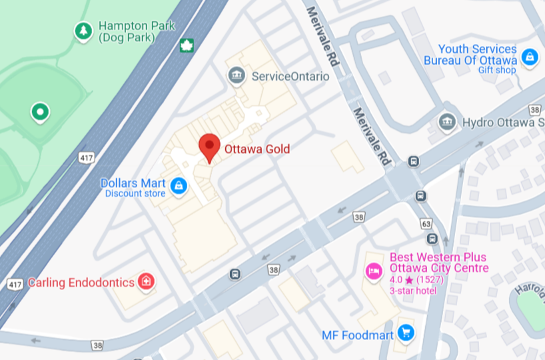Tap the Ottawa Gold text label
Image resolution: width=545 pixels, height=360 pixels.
(257, 149)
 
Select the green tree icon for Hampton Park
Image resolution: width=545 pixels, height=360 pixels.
(83, 31)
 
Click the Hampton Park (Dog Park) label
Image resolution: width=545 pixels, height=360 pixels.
(137, 31)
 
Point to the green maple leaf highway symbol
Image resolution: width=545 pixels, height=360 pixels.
(187, 45)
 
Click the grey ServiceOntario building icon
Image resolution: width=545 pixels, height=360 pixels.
(237, 76)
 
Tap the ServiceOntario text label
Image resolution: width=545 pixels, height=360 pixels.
(290, 76)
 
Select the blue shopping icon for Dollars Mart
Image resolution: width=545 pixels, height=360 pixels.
(178, 186)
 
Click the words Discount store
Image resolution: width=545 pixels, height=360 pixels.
(135, 194)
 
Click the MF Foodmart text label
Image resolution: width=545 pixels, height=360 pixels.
(357, 335)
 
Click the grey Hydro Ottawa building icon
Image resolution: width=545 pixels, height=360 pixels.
(446, 122)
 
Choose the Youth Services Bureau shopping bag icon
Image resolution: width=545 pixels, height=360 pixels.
(530, 57)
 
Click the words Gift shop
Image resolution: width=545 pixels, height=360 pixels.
(496, 70)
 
